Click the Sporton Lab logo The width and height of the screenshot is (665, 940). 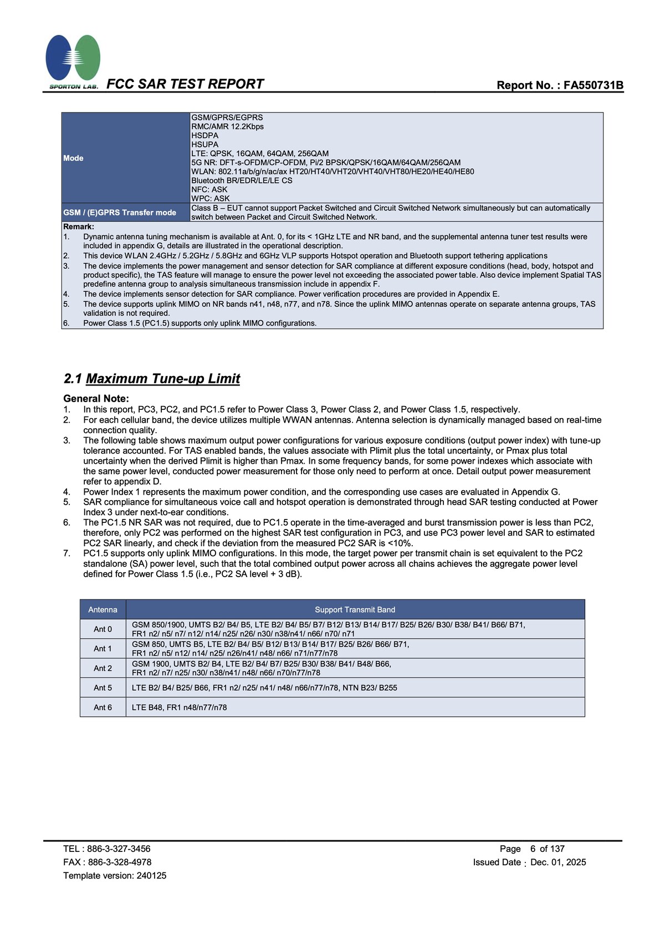tap(73, 61)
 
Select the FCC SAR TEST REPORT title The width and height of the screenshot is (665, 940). tap(185, 84)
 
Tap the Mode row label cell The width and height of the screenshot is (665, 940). tap(73, 158)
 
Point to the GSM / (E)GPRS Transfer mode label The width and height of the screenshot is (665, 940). tap(120, 213)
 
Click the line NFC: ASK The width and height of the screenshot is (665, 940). tap(209, 189)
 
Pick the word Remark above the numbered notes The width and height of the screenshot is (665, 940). tap(78, 227)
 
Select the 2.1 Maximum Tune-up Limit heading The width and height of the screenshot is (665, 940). tap(152, 379)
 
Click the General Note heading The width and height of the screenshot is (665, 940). tap(96, 398)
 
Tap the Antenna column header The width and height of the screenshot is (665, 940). tap(103, 610)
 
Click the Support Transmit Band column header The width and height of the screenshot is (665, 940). tap(355, 610)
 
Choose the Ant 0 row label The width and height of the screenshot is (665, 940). tap(103, 629)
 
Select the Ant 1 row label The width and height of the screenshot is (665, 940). tap(103, 649)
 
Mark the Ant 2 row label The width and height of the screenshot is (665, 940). tap(103, 669)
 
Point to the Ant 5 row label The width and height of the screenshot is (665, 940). tap(103, 688)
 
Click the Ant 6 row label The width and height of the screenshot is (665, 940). tap(103, 707)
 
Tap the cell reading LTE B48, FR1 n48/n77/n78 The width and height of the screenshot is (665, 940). tap(179, 707)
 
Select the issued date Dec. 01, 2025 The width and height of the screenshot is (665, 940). tap(558, 862)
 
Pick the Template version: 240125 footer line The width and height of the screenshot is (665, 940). tap(115, 875)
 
